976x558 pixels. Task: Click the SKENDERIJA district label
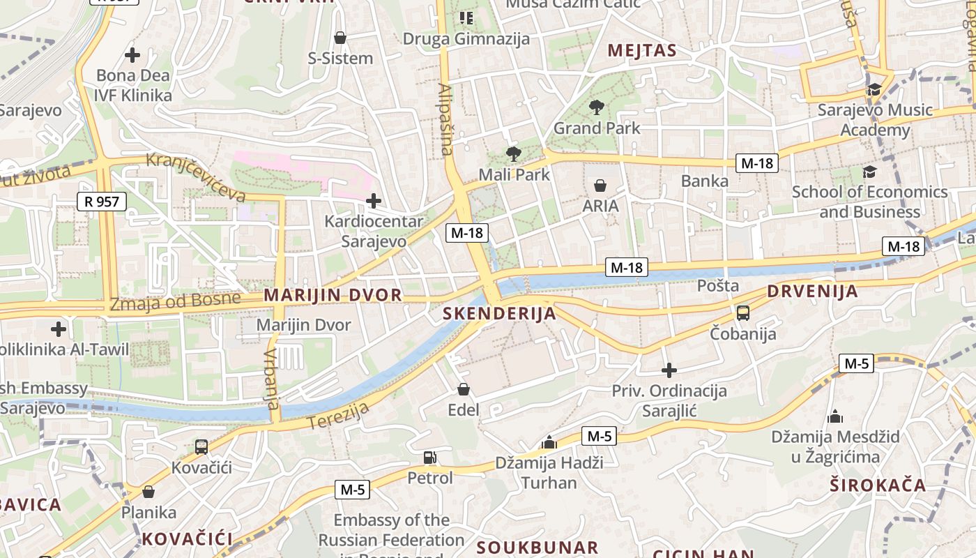[500, 314]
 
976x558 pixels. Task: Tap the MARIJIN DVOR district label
[333, 295]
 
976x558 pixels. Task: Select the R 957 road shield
[102, 202]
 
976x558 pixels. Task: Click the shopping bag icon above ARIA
[600, 186]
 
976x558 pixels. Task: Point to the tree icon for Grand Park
[596, 107]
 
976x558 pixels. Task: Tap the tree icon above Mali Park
[514, 153]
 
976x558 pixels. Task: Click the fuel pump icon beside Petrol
[430, 458]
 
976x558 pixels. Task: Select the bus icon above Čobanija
[743, 313]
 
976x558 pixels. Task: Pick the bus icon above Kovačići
[201, 446]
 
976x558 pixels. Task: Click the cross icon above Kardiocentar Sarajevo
[374, 202]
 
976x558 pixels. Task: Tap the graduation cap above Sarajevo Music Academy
[874, 89]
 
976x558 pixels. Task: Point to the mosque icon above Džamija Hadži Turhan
[549, 442]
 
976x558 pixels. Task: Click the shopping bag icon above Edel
[464, 389]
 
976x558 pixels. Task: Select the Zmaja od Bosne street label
[175, 302]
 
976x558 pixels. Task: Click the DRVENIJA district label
[812, 292]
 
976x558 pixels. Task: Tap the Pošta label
[718, 285]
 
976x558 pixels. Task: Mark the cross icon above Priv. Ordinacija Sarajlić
[669, 370]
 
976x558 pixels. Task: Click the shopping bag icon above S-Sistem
[340, 38]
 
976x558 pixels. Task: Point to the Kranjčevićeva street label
[196, 177]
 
